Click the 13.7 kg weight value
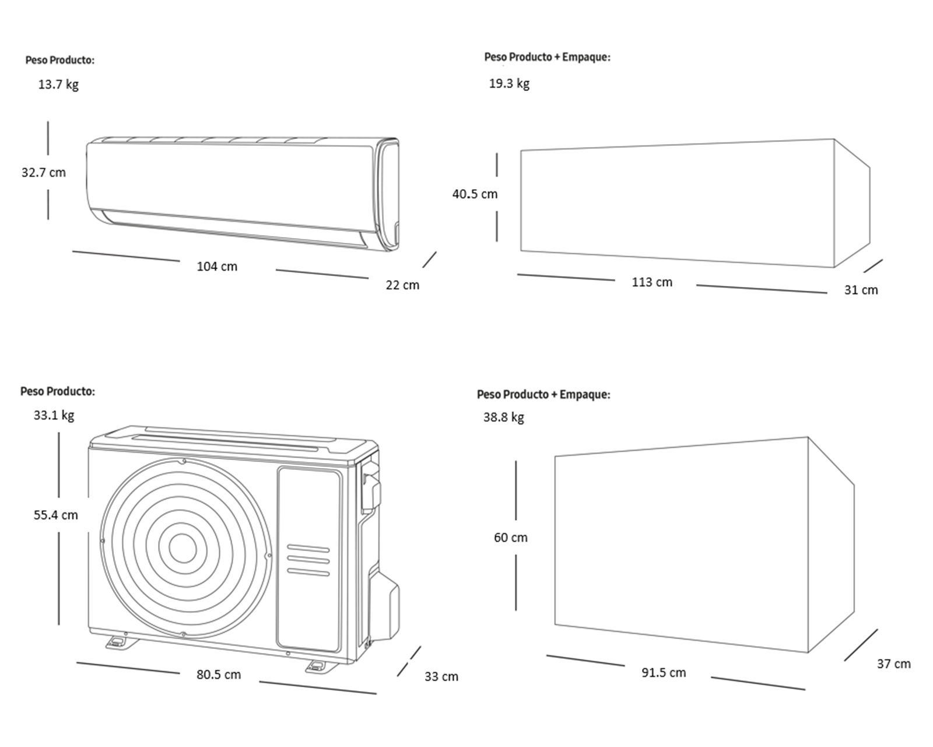click(x=58, y=85)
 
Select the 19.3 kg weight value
click(x=509, y=83)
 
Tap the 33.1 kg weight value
click(x=54, y=416)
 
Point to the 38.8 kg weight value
click(x=503, y=417)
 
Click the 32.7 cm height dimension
click(x=44, y=173)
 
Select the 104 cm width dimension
click(x=217, y=267)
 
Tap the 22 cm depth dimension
click(x=402, y=285)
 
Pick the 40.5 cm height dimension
click(x=475, y=194)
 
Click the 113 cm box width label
click(x=652, y=282)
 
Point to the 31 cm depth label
click(x=861, y=290)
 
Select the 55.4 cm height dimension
click(x=55, y=515)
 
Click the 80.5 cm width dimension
click(x=218, y=675)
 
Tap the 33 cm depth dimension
click(x=441, y=677)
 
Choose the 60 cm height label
click(x=510, y=537)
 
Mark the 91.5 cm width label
click(x=664, y=673)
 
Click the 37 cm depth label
click(x=893, y=664)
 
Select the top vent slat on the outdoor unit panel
click(x=308, y=549)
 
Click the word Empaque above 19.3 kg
click(x=585, y=57)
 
